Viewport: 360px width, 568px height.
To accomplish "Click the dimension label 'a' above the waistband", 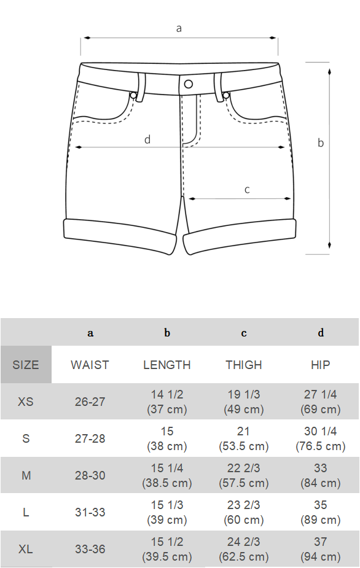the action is (x=178, y=28).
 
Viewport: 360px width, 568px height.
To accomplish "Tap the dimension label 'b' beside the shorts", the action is (x=321, y=142).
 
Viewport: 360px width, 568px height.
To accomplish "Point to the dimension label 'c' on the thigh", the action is (x=247, y=190).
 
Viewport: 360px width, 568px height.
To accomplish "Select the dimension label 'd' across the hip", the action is (x=147, y=139).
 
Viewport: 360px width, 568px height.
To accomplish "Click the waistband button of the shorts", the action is (x=189, y=84).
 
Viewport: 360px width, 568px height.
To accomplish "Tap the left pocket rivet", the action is (x=133, y=95).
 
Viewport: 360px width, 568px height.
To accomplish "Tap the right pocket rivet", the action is (x=226, y=95).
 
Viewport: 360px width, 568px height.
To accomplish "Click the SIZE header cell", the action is (x=26, y=364).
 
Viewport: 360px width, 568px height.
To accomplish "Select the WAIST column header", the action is (x=90, y=365).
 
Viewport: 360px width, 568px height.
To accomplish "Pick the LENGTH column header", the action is (x=166, y=365).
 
